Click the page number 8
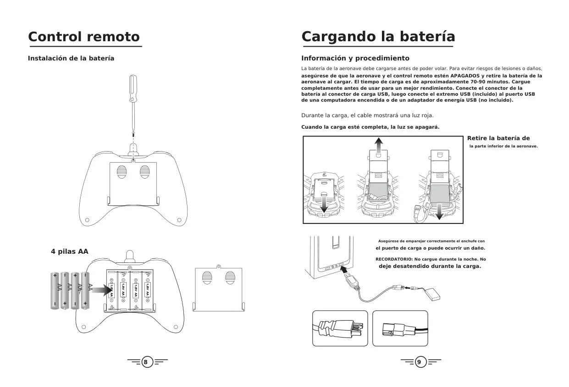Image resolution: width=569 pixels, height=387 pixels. pyautogui.click(x=145, y=362)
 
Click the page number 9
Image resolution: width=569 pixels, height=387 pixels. pyautogui.click(x=419, y=362)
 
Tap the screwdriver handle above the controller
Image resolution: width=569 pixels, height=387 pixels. pyautogui.click(x=133, y=87)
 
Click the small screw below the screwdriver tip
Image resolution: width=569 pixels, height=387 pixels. pyautogui.click(x=133, y=134)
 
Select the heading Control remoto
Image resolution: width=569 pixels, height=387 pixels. pyautogui.click(x=84, y=37)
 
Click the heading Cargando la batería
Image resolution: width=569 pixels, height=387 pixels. pyautogui.click(x=378, y=37)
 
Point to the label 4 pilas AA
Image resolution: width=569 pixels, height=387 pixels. pyautogui.click(x=70, y=251)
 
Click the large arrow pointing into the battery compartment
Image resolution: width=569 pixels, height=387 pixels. pyautogui.click(x=102, y=290)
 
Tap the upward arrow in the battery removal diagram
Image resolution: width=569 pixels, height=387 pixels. pyautogui.click(x=378, y=145)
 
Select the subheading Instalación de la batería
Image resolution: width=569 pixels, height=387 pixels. pyautogui.click(x=71, y=58)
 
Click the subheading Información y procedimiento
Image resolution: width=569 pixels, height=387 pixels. pyautogui.click(x=355, y=58)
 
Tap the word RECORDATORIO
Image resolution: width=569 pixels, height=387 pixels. pyautogui.click(x=394, y=259)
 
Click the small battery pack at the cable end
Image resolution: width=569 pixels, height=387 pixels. pyautogui.click(x=432, y=294)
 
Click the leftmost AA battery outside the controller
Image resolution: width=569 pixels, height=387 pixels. pyautogui.click(x=55, y=291)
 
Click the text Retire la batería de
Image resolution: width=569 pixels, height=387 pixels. pyautogui.click(x=498, y=138)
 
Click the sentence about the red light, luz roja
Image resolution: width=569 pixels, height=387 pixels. pyautogui.click(x=367, y=115)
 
